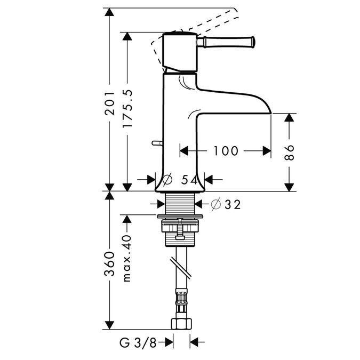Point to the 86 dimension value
coord(290,152)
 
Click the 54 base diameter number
coord(189,180)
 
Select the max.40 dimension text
coord(127,255)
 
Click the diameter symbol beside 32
coord(215,204)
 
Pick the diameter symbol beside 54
coord(167,180)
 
